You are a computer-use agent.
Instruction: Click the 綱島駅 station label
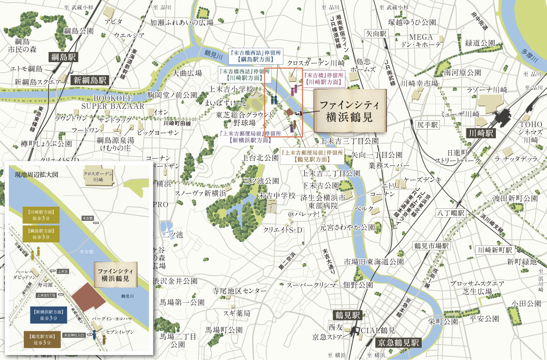(63, 57)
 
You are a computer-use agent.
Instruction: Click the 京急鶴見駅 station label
(398, 342)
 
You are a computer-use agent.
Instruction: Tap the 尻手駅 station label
(426, 125)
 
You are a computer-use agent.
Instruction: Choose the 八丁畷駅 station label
(450, 213)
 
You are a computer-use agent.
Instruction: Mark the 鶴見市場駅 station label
(431, 245)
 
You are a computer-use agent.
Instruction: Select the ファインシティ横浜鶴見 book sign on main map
(350, 111)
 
